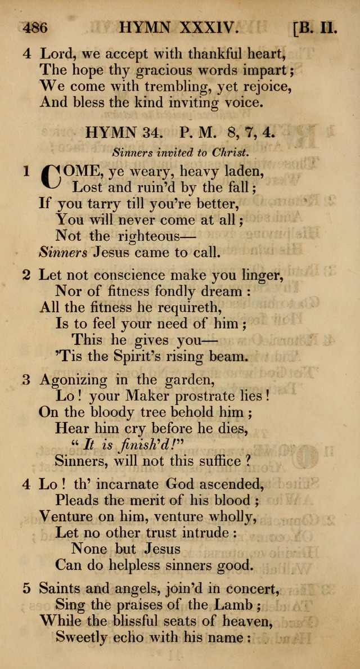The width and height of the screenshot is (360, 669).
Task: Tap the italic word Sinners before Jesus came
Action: click(63, 252)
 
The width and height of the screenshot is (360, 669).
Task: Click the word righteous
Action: click(139, 236)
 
